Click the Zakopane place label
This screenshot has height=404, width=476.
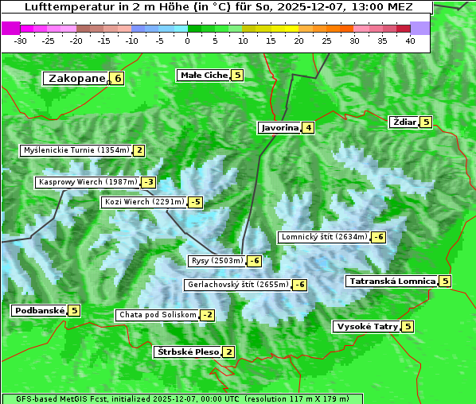pyautogui.click(x=77, y=78)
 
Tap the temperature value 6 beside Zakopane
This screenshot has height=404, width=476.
pyautogui.click(x=118, y=78)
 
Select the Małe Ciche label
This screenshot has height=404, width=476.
pyautogui.click(x=204, y=75)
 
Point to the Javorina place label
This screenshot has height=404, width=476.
pyautogui.click(x=279, y=127)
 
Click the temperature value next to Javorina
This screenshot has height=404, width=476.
pyautogui.click(x=308, y=127)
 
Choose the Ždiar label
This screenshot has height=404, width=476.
pyautogui.click(x=404, y=122)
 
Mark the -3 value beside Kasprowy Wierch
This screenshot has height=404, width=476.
pyautogui.click(x=148, y=182)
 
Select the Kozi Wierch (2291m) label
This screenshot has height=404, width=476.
pyautogui.click(x=144, y=202)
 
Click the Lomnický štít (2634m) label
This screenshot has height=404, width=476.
pyautogui.click(x=324, y=236)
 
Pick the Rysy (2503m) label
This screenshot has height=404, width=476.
pyautogui.click(x=217, y=260)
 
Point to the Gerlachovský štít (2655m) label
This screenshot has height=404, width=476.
pyautogui.click(x=237, y=284)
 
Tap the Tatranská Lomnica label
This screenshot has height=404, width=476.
pyautogui.click(x=392, y=281)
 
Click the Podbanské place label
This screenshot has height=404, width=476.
pyautogui.click(x=38, y=310)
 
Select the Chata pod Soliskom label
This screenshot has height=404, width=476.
pyautogui.click(x=156, y=315)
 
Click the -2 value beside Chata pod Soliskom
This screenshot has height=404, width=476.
pyautogui.click(x=207, y=315)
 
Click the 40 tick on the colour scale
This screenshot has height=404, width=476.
pyautogui.click(x=410, y=41)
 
